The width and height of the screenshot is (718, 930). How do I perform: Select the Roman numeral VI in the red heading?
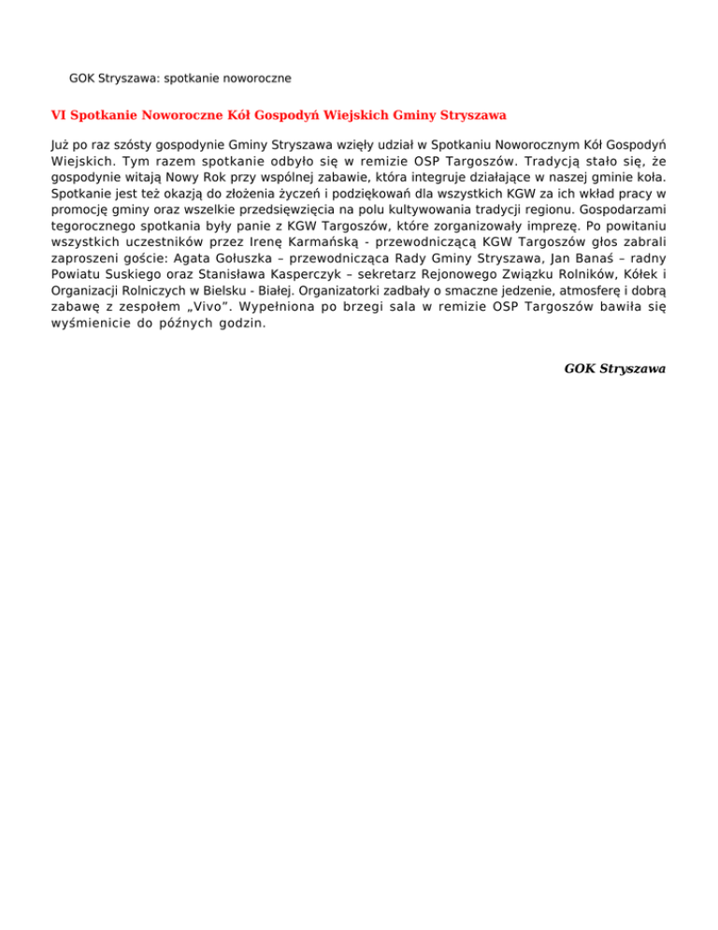tap(59, 116)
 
